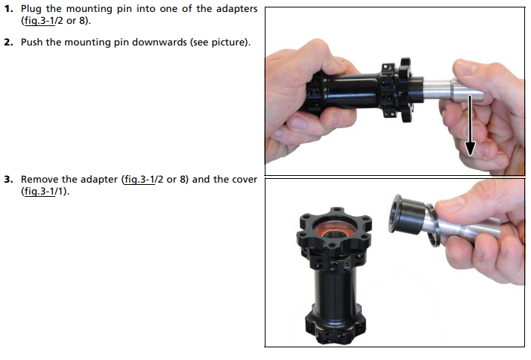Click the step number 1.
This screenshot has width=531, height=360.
click(x=8, y=9)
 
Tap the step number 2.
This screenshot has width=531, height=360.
click(x=8, y=42)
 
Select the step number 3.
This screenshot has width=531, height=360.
click(x=8, y=180)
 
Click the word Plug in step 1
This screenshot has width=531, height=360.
click(x=31, y=9)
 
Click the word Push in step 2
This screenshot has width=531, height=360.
click(x=31, y=42)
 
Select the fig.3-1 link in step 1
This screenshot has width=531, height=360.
click(x=40, y=21)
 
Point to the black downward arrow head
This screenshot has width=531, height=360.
click(x=470, y=148)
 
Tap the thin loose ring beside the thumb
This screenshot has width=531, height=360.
click(x=433, y=225)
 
